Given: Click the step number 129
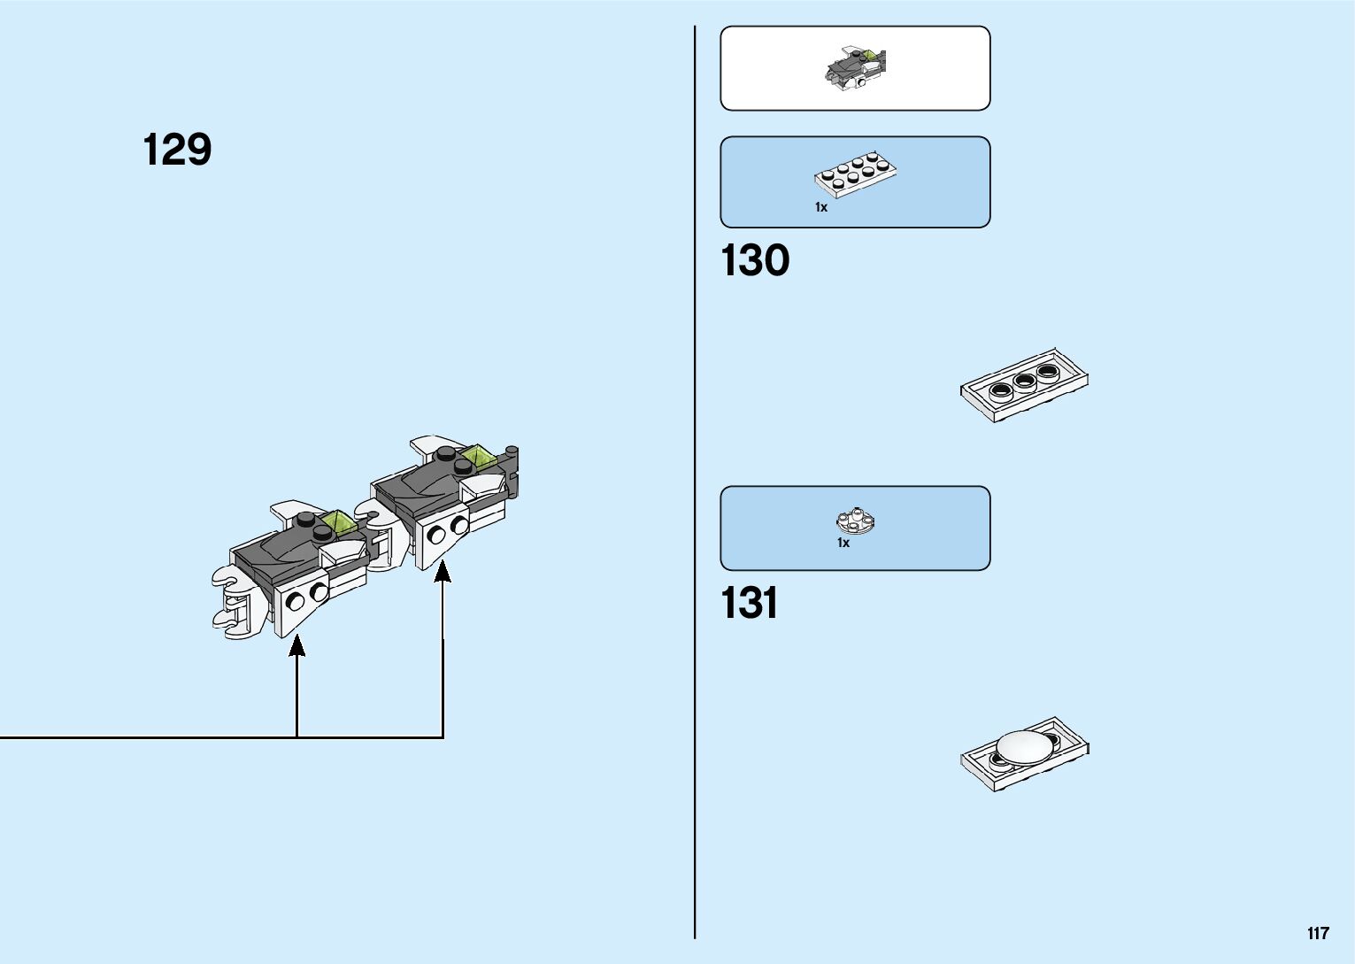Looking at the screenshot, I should (x=177, y=150).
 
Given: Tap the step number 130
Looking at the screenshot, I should (x=755, y=261).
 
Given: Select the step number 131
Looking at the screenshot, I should (x=750, y=604).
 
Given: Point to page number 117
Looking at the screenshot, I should (x=1317, y=933).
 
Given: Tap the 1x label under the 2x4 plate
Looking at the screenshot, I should (x=821, y=207).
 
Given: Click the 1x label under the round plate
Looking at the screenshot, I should (x=843, y=543).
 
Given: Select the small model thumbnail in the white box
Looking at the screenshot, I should (x=856, y=68).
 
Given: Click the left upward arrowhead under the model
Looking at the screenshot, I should (x=297, y=645).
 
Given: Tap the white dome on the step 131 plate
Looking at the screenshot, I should (x=1027, y=747).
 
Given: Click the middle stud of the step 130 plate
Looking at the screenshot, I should (x=1025, y=382).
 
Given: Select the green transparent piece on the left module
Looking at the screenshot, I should (x=337, y=523).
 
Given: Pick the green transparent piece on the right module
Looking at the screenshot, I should (x=479, y=458).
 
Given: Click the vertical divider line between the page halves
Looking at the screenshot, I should (x=695, y=482).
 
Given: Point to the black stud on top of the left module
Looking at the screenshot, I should (x=305, y=520).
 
